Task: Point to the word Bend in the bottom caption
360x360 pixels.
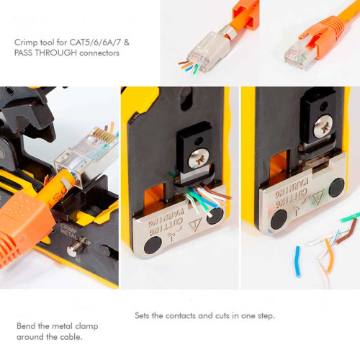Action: (26, 326)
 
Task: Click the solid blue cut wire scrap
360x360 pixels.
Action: (297, 261)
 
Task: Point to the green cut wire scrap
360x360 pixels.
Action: (350, 216)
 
